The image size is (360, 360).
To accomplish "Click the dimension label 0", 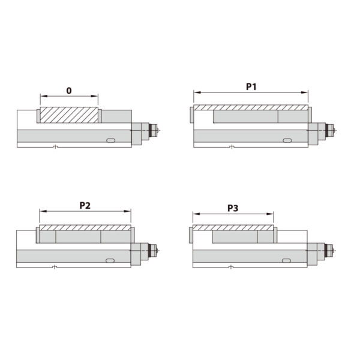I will (69, 91).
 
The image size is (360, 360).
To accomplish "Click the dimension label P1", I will (251, 87).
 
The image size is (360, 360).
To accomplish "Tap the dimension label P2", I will (85, 205).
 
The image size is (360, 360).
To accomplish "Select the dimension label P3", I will (233, 208).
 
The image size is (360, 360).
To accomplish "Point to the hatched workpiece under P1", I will (250, 107).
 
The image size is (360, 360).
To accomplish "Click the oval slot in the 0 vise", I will (111, 140).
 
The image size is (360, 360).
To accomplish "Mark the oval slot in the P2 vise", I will (111, 261).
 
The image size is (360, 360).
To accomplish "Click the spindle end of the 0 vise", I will (154, 129).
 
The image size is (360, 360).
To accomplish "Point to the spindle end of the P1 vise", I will (332, 129).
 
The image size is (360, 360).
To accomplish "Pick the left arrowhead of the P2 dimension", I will (42, 211).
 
